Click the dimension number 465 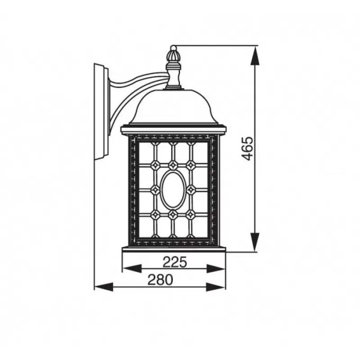[x=247, y=148]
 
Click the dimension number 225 [x=175, y=262]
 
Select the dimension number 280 [x=160, y=279]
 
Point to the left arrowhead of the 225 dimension [x=132, y=268]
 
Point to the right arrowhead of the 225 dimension [x=216, y=268]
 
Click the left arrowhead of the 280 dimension [x=104, y=287]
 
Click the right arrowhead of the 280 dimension [x=216, y=287]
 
